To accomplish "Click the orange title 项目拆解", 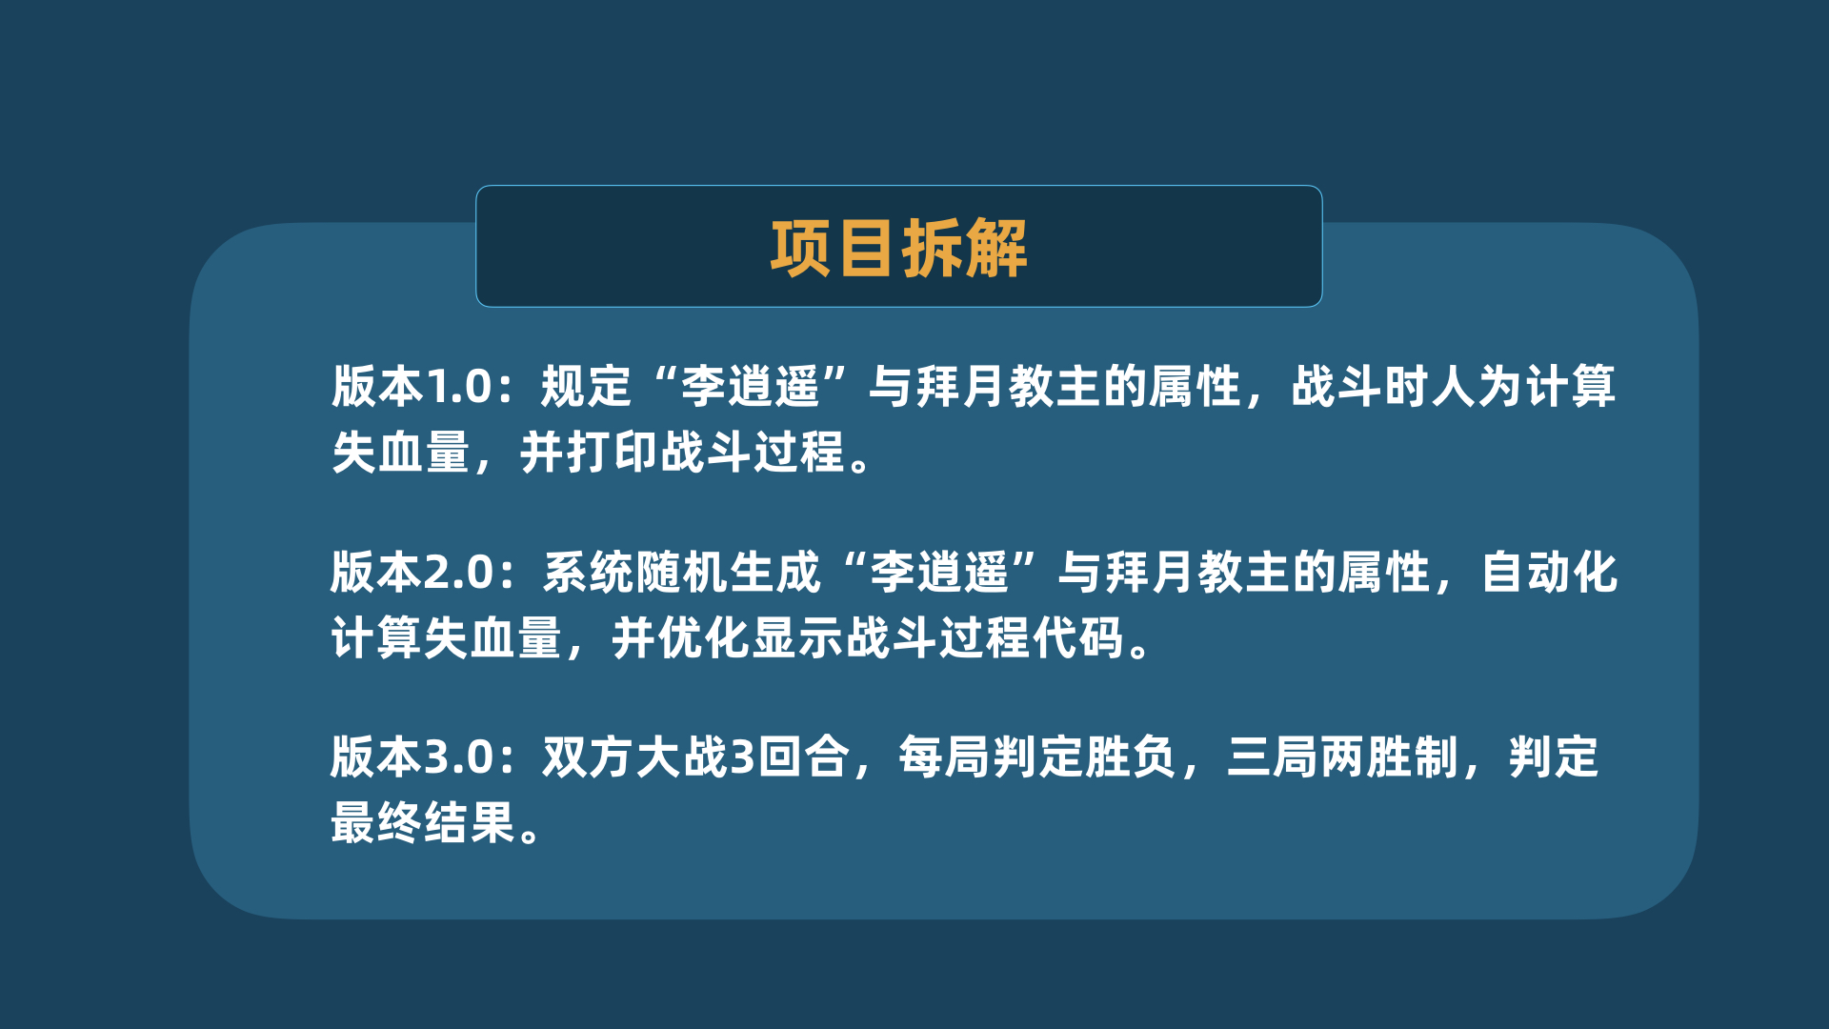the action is click(898, 249).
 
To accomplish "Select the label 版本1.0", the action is click(412, 387).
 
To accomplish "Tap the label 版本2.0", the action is click(412, 573).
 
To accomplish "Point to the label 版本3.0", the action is click(412, 757).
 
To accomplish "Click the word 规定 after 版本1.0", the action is click(586, 387).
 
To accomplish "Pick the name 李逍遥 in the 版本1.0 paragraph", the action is click(751, 387).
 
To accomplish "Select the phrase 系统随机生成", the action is click(681, 573).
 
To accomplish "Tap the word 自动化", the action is click(1550, 573).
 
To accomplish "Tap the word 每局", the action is click(945, 757).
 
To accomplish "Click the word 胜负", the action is click(1131, 757).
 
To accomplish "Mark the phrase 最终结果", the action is click(423, 822).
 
